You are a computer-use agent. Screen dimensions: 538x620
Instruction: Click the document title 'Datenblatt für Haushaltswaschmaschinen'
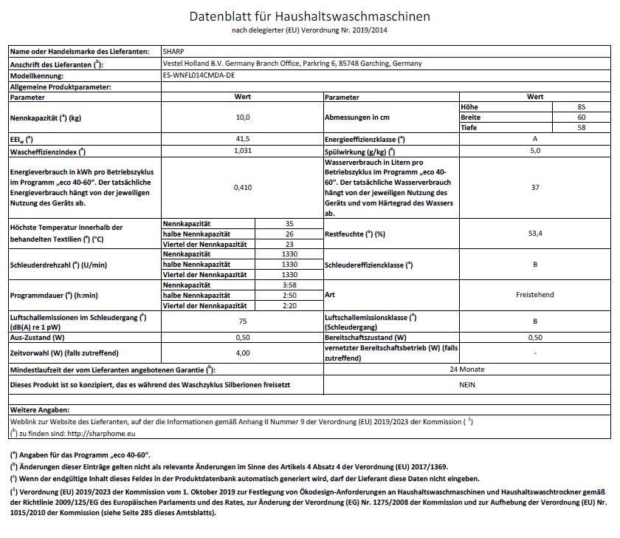coord(310,16)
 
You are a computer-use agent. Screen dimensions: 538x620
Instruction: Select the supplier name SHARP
coord(172,52)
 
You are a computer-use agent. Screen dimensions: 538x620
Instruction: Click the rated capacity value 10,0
coord(243,118)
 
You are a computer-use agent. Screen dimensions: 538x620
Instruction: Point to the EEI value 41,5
coord(243,139)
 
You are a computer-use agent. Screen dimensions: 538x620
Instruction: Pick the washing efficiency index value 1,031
coord(243,151)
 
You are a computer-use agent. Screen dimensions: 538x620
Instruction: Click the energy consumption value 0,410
coord(243,188)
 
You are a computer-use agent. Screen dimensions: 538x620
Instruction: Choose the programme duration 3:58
coord(289,285)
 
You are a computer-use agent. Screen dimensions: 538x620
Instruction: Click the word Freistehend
coord(535,295)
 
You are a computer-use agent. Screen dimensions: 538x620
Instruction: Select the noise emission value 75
coord(243,322)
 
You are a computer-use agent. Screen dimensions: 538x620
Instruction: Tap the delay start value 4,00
coord(243,353)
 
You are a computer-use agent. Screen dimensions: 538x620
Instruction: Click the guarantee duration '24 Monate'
coord(466,369)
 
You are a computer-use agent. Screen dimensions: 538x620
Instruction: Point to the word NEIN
coord(466,384)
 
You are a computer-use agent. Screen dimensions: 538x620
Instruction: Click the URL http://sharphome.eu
coord(100,433)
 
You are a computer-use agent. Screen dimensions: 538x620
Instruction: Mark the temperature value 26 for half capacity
coord(289,234)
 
